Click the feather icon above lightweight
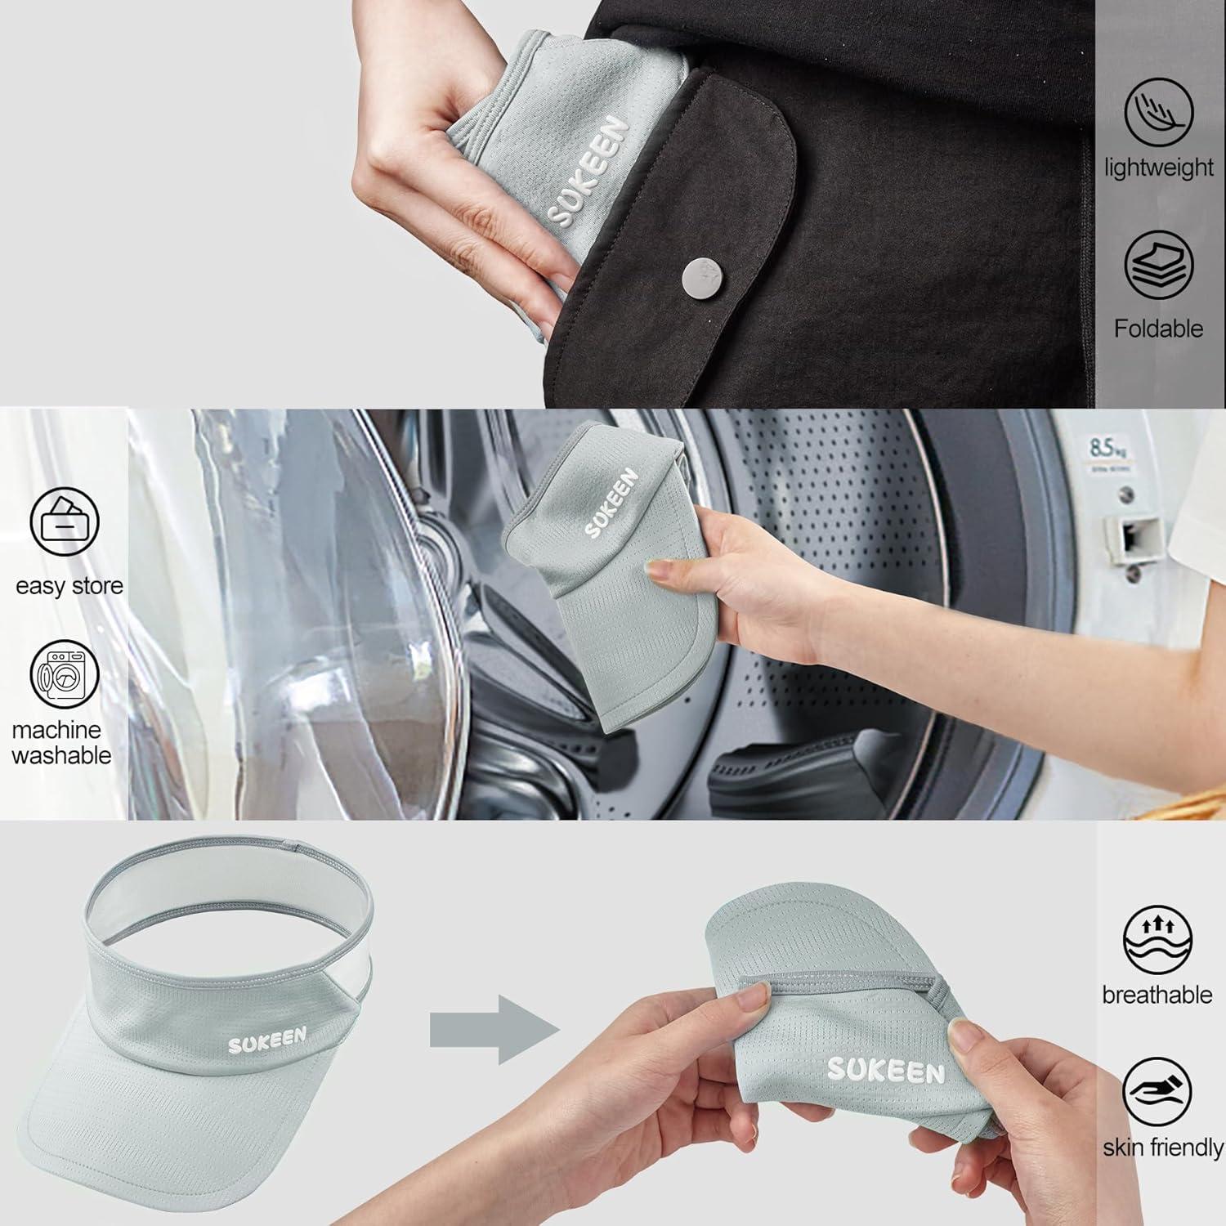1158,112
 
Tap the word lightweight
1159,168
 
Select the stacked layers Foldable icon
1158,265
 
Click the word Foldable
1158,329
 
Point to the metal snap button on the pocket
702,275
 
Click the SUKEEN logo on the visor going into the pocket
588,171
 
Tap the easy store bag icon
65,521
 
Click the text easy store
69,586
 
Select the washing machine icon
65,674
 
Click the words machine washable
60,742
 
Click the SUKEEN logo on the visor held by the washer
611,503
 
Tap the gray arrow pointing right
495,1029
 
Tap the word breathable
1157,995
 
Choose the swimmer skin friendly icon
1157,1093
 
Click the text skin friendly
1163,1148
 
